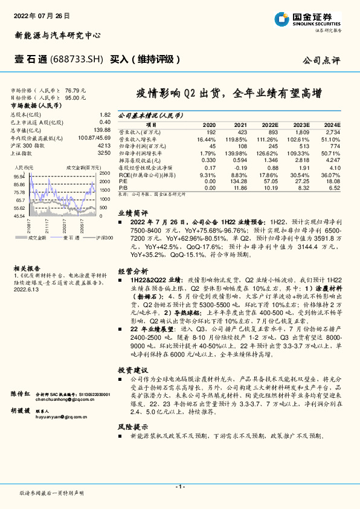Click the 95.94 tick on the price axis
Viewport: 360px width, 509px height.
(x=18, y=177)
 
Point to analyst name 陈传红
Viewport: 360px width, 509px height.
(x=21, y=394)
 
